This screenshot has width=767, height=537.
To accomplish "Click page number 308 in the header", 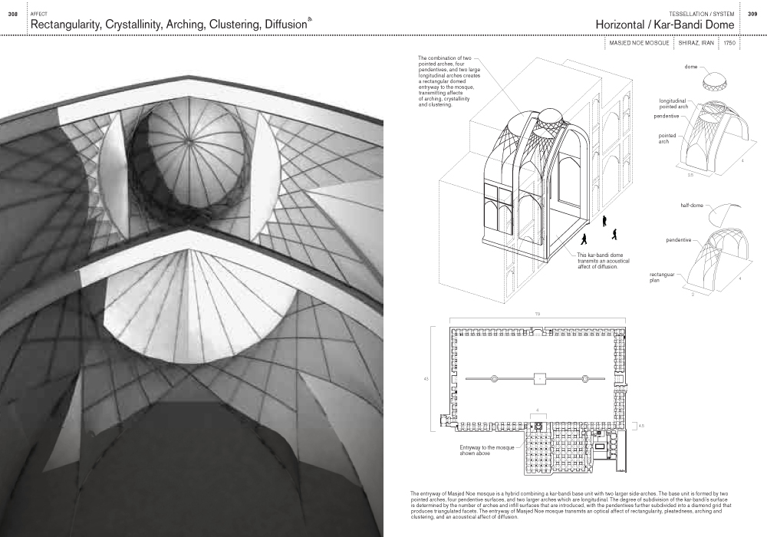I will (12, 14).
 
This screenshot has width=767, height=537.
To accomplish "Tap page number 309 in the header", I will (752, 14).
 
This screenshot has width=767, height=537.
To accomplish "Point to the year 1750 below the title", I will (729, 44).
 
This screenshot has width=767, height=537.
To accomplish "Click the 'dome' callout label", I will (691, 67).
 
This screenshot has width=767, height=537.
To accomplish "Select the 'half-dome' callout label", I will (693, 206).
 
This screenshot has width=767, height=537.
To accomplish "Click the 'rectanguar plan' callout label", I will (664, 277).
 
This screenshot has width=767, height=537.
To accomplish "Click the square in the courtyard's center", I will (538, 378).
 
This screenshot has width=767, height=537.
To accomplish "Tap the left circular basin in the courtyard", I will (494, 378).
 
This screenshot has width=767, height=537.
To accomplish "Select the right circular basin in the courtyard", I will (584, 378).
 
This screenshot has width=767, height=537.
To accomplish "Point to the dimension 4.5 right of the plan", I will (641, 425).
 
